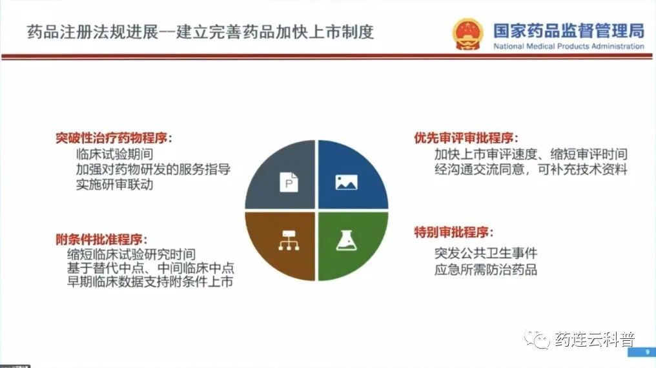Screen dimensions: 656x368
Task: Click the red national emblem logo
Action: (x=467, y=34)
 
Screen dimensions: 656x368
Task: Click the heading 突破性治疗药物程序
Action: (x=114, y=138)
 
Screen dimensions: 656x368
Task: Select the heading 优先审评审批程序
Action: (x=466, y=138)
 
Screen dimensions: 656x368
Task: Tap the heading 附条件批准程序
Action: (x=101, y=240)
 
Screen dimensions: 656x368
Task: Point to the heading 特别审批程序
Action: (x=454, y=232)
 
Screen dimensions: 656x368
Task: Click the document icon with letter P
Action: (x=289, y=182)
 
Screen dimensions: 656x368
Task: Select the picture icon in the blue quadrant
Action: (x=347, y=182)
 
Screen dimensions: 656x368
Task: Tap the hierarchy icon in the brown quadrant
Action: (x=289, y=240)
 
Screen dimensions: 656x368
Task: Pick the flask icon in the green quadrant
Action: (x=347, y=240)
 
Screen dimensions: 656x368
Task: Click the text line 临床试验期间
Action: (x=115, y=154)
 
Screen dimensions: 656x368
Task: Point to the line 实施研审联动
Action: (x=115, y=185)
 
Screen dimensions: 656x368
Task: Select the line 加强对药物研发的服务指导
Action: (x=153, y=169)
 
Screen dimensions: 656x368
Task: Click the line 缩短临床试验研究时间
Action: (x=131, y=254)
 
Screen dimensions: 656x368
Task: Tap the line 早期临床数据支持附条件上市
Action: (x=150, y=281)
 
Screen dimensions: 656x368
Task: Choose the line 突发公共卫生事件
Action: (x=486, y=253)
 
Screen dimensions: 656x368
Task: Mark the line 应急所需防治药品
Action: (x=486, y=269)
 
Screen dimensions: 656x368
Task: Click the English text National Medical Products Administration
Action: (x=569, y=46)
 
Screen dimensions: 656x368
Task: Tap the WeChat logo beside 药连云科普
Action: (x=537, y=339)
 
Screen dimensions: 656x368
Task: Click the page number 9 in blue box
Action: (x=648, y=352)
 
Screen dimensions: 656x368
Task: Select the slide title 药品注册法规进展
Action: (x=92, y=32)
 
